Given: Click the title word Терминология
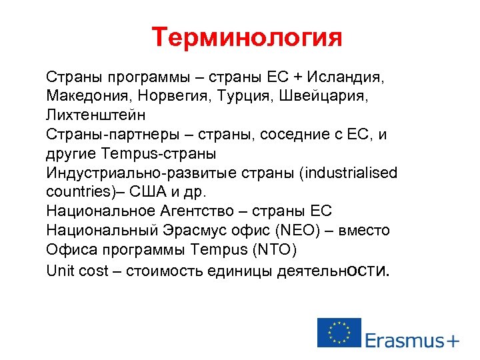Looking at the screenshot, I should [x=247, y=37].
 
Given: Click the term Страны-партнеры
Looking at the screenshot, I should [x=107, y=135].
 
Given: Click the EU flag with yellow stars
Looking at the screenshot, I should [x=339, y=332].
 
